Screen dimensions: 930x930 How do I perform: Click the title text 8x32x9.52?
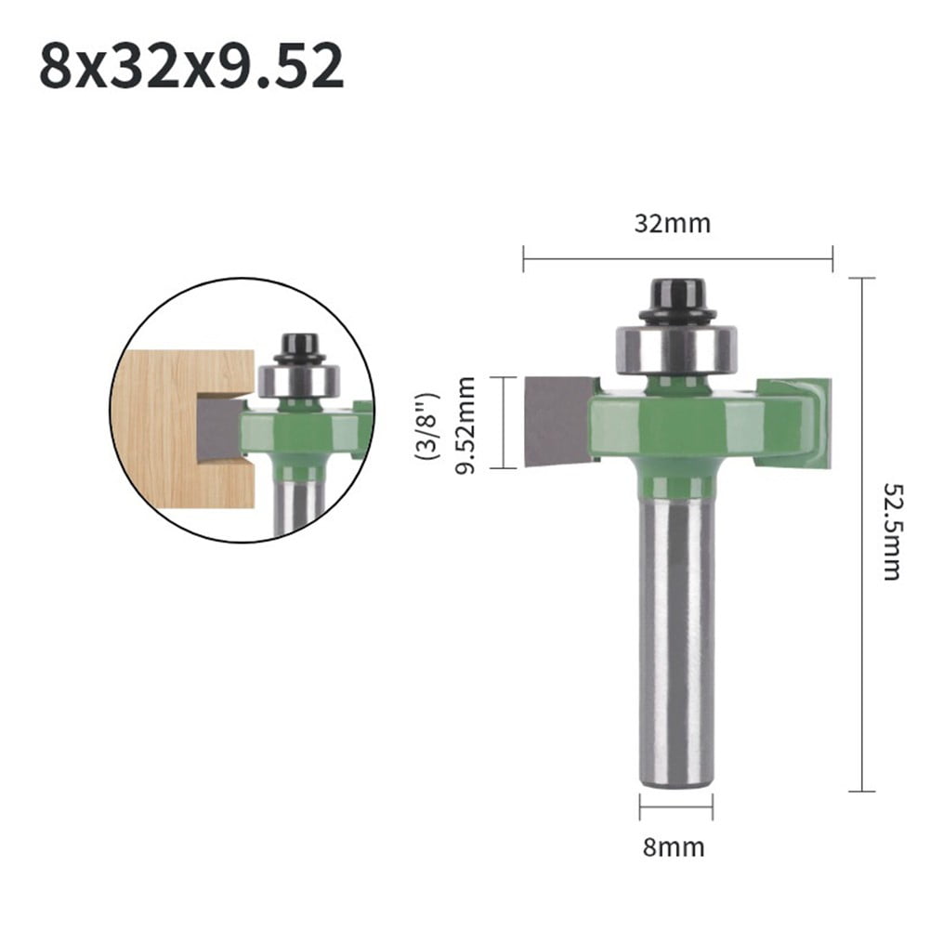point(191,67)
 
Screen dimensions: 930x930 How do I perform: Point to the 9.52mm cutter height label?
point(465,425)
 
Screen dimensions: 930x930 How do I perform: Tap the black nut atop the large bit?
point(676,300)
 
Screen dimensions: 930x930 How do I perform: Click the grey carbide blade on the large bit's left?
point(556,420)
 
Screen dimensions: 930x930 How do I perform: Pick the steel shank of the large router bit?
point(676,641)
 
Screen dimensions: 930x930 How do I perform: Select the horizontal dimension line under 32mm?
point(677,258)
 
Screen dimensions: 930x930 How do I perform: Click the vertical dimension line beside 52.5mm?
point(862,534)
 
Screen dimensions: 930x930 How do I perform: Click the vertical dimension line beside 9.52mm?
point(503,423)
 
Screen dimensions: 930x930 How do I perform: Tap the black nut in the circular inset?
point(299,349)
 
